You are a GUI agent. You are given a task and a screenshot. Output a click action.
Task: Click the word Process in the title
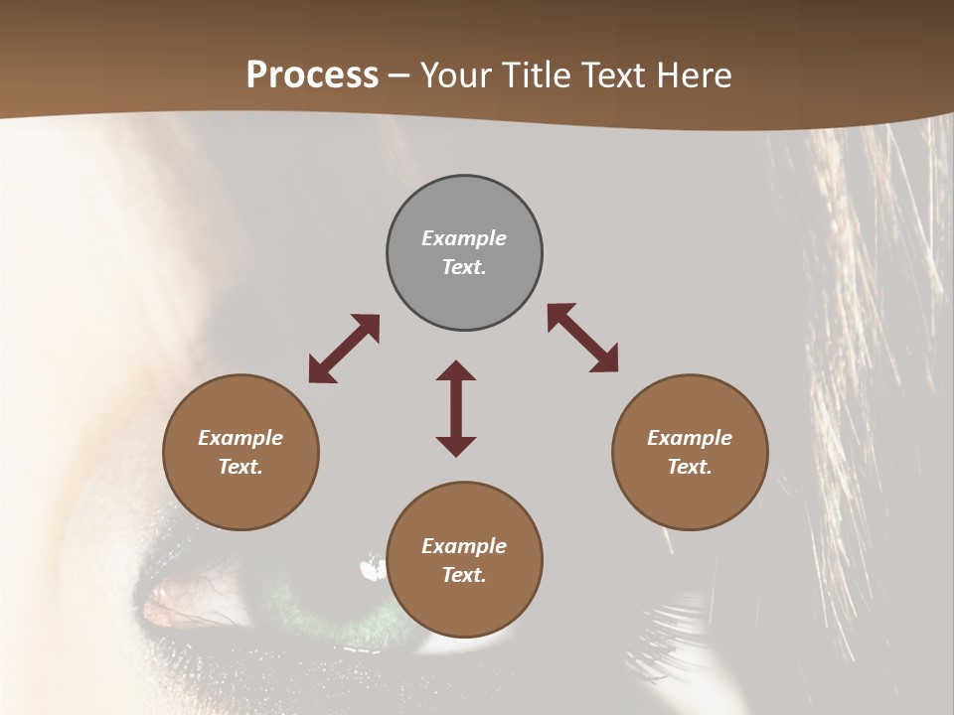tap(312, 75)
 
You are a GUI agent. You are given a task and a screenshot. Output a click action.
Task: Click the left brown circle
tap(240, 452)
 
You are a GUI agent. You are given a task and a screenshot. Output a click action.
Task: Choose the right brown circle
tap(690, 452)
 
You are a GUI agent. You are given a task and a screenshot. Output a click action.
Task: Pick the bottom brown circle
tap(464, 560)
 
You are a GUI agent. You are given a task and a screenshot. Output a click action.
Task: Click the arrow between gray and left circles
tap(344, 349)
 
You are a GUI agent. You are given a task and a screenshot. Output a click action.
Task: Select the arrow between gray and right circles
tap(582, 338)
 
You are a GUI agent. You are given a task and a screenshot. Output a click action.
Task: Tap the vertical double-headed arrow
tap(456, 408)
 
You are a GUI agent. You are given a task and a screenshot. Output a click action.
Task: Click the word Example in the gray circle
tap(464, 238)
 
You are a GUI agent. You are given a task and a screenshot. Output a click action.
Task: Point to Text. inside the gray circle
tap(464, 267)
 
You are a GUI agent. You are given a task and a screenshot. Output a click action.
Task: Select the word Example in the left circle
tap(240, 438)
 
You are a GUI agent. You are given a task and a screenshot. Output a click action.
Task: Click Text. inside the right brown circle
tap(690, 467)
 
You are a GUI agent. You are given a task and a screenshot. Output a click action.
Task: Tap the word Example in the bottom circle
tap(464, 546)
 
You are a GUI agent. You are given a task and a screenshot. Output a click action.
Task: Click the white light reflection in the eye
tap(373, 569)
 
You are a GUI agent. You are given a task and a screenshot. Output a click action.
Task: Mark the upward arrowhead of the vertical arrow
tap(456, 372)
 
